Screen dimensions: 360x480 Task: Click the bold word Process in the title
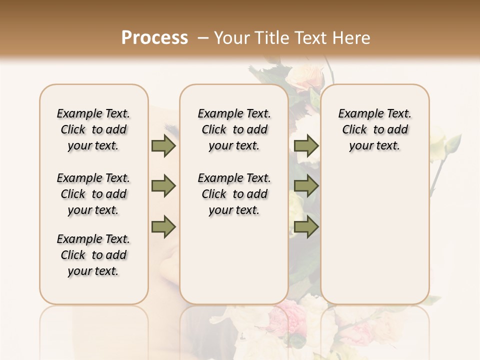tap(154, 37)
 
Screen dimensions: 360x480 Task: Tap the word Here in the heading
tap(352, 37)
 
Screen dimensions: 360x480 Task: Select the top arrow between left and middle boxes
tap(163, 145)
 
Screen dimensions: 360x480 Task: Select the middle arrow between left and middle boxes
tap(163, 186)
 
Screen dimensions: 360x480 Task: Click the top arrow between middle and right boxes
tap(306, 145)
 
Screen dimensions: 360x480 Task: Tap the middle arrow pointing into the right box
tap(306, 186)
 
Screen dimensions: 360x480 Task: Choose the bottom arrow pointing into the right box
tap(306, 226)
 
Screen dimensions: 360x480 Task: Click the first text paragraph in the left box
tap(93, 129)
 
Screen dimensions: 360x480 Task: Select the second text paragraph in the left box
tap(93, 194)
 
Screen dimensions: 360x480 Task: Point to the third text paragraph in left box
tap(93, 255)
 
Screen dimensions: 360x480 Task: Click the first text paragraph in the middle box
tap(234, 129)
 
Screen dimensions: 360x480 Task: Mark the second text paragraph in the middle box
tap(234, 194)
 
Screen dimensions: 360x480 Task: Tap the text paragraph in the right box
tap(375, 129)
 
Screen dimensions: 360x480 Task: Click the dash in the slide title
tap(203, 37)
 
